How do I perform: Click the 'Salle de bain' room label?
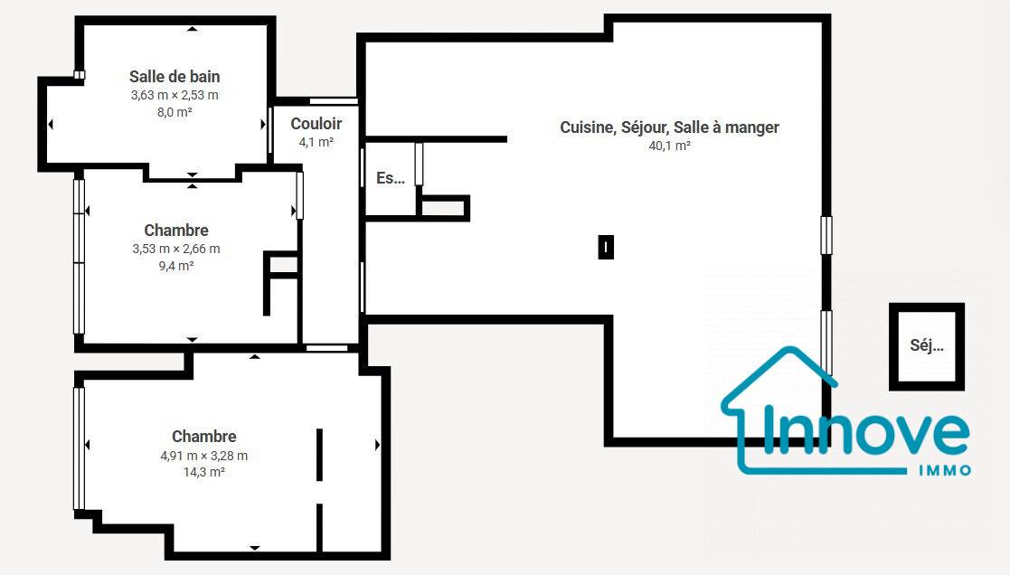(175, 77)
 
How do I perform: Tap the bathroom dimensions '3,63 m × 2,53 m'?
(175, 95)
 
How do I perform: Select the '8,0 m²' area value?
(175, 112)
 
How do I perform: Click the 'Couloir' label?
(316, 124)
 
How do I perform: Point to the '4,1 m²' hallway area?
(316, 142)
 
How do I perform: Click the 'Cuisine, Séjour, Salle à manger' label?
(669, 127)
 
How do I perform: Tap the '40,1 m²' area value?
(669, 146)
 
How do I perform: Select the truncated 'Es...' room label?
(391, 178)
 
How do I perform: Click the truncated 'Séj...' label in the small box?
(927, 345)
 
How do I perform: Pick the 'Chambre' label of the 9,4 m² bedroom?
(176, 231)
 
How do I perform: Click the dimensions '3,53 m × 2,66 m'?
(176, 249)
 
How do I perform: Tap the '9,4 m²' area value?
(176, 265)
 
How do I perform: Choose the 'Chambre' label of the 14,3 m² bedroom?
(204, 437)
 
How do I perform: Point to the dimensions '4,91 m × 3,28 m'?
(204, 456)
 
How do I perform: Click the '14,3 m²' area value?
(204, 472)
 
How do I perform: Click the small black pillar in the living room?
(606, 247)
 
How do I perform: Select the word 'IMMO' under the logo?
(944, 470)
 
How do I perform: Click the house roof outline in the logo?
(779, 377)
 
